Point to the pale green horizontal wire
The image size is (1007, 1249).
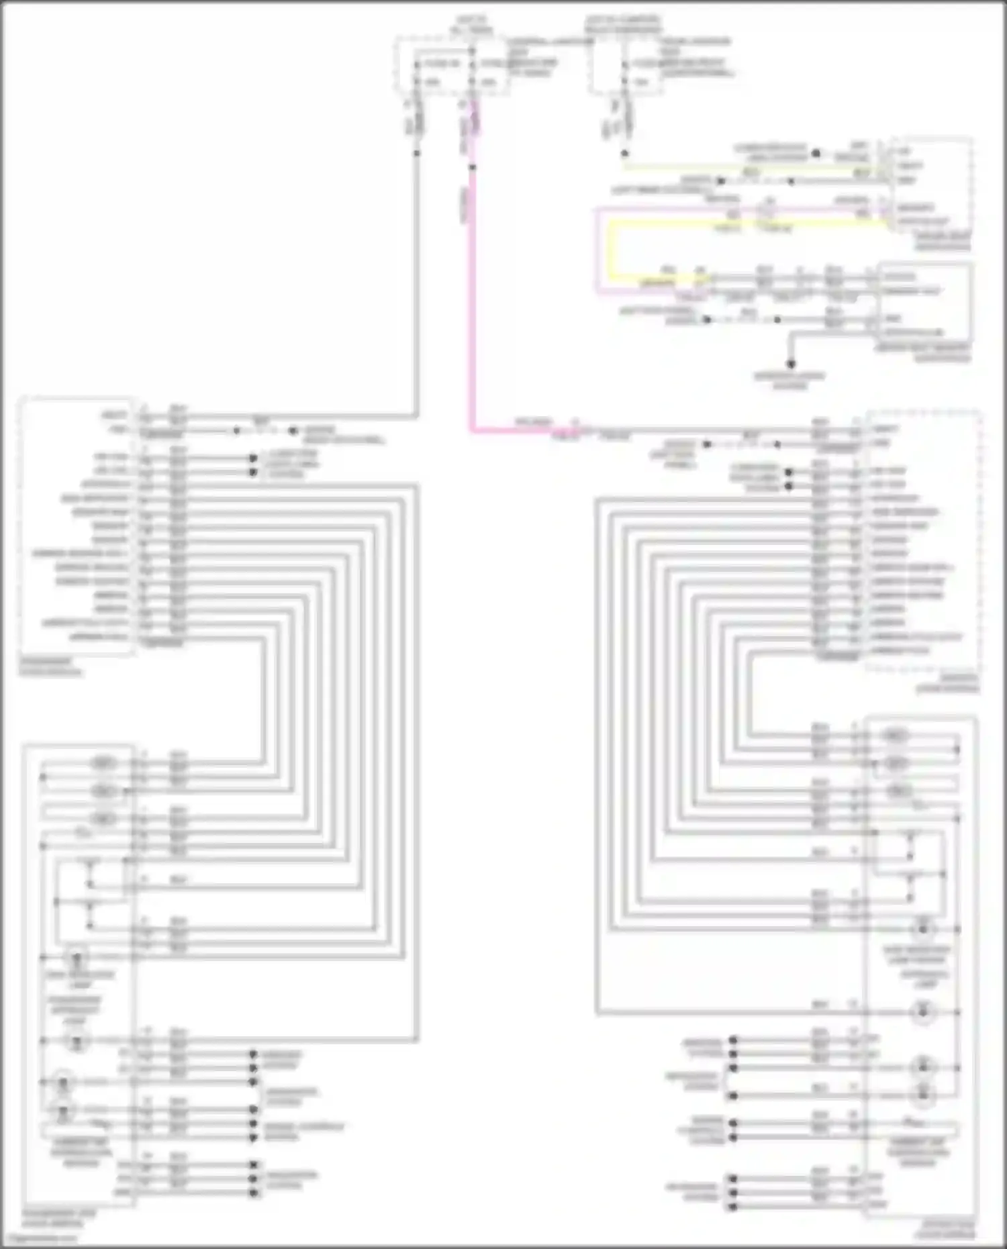(738, 168)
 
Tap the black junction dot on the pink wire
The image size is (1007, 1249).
(472, 166)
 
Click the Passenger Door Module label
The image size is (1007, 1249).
(50, 667)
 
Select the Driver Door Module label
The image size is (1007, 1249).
(949, 685)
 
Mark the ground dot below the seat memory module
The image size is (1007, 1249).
(790, 364)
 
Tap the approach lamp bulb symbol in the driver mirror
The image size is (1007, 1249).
(924, 1011)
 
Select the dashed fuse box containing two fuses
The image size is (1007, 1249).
(450, 66)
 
